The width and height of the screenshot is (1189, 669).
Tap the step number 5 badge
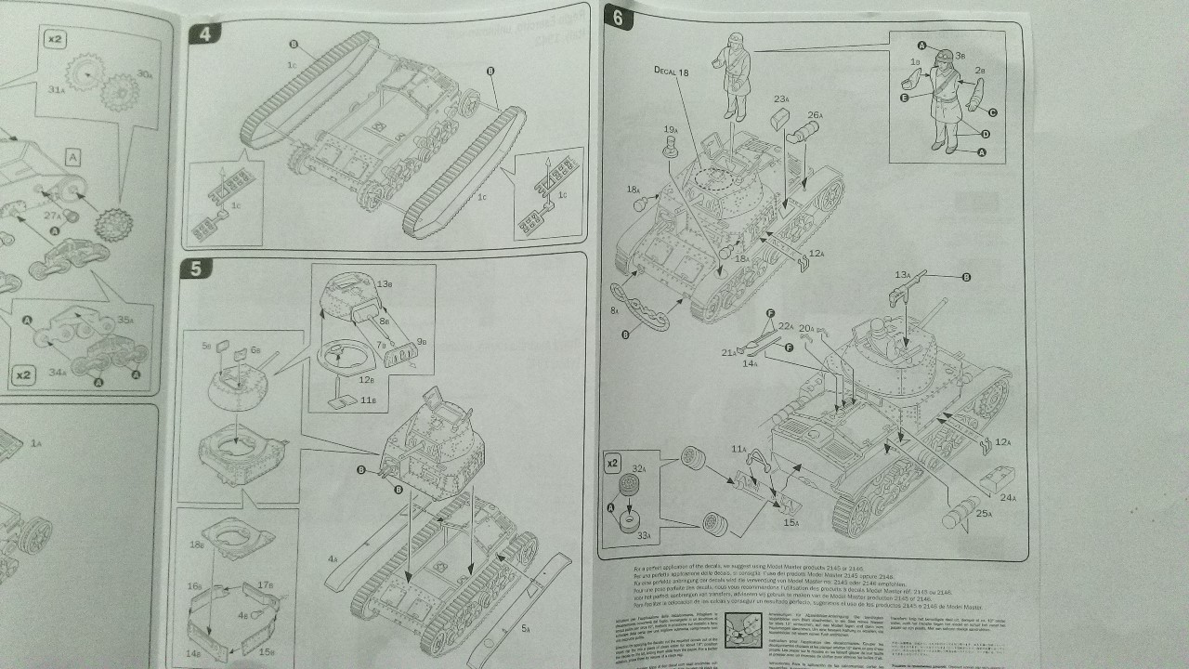click(196, 269)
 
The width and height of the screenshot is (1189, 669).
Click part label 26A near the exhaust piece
click(815, 114)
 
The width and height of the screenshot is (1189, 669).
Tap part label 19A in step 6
click(670, 130)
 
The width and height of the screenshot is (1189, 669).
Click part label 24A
click(1008, 498)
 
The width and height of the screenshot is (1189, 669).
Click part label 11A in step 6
click(738, 450)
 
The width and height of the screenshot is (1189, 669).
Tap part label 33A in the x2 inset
click(644, 536)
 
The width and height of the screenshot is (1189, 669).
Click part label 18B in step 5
click(195, 545)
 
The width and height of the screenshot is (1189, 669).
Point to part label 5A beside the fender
click(525, 629)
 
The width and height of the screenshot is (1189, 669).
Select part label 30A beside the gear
click(143, 73)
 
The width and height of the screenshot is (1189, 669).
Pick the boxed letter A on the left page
click(72, 157)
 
